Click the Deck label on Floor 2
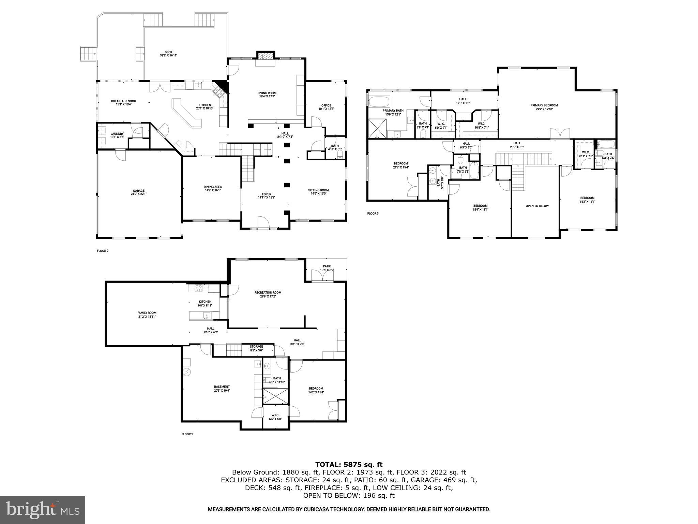[x=168, y=54]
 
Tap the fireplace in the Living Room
[x=265, y=56]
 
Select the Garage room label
[x=139, y=192]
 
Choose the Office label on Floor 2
[x=326, y=107]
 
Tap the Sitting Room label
[x=318, y=192]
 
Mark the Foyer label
[x=266, y=195]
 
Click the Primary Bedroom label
[x=544, y=107]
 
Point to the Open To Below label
[x=537, y=206]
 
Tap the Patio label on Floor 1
[x=327, y=268]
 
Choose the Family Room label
[x=147, y=315]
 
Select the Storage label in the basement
[x=256, y=348]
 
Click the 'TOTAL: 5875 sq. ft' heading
[x=349, y=464]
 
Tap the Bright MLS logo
[x=43, y=510]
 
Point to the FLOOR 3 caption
[x=373, y=214]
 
